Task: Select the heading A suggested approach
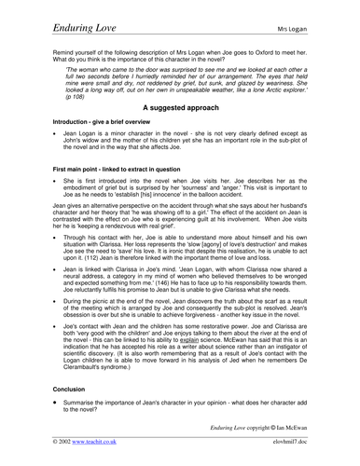click(x=179, y=134)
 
